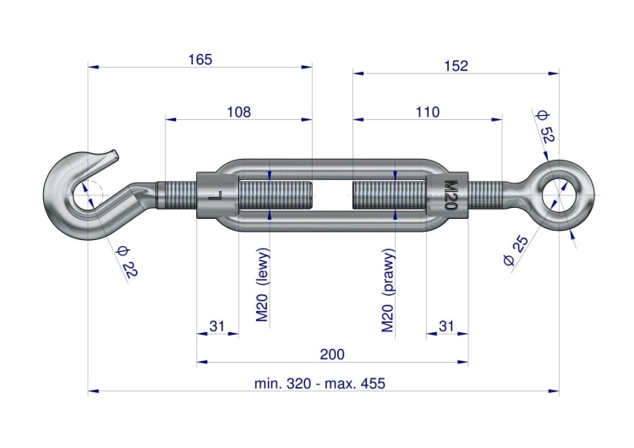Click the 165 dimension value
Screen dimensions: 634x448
click(200, 60)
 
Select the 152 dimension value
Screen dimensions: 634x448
click(456, 66)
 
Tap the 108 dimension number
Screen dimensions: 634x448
click(238, 112)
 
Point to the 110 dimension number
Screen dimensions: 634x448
click(428, 112)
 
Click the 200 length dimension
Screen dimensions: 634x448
click(332, 355)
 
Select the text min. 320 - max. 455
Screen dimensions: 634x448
click(320, 383)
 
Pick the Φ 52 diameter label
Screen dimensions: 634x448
click(544, 126)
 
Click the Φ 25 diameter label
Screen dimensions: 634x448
click(516, 250)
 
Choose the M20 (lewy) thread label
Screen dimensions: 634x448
click(262, 285)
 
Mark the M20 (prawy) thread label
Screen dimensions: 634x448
click(388, 290)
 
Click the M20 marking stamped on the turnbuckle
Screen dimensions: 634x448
click(450, 195)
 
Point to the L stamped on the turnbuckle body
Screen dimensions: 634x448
click(215, 196)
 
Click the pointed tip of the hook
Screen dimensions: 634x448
click(116, 153)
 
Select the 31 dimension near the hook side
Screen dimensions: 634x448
click(216, 326)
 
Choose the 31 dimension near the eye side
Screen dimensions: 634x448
click(446, 326)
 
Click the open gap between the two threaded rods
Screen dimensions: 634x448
click(332, 195)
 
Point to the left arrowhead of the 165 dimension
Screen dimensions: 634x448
click(93, 67)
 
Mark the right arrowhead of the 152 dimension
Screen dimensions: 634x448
click(554, 74)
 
